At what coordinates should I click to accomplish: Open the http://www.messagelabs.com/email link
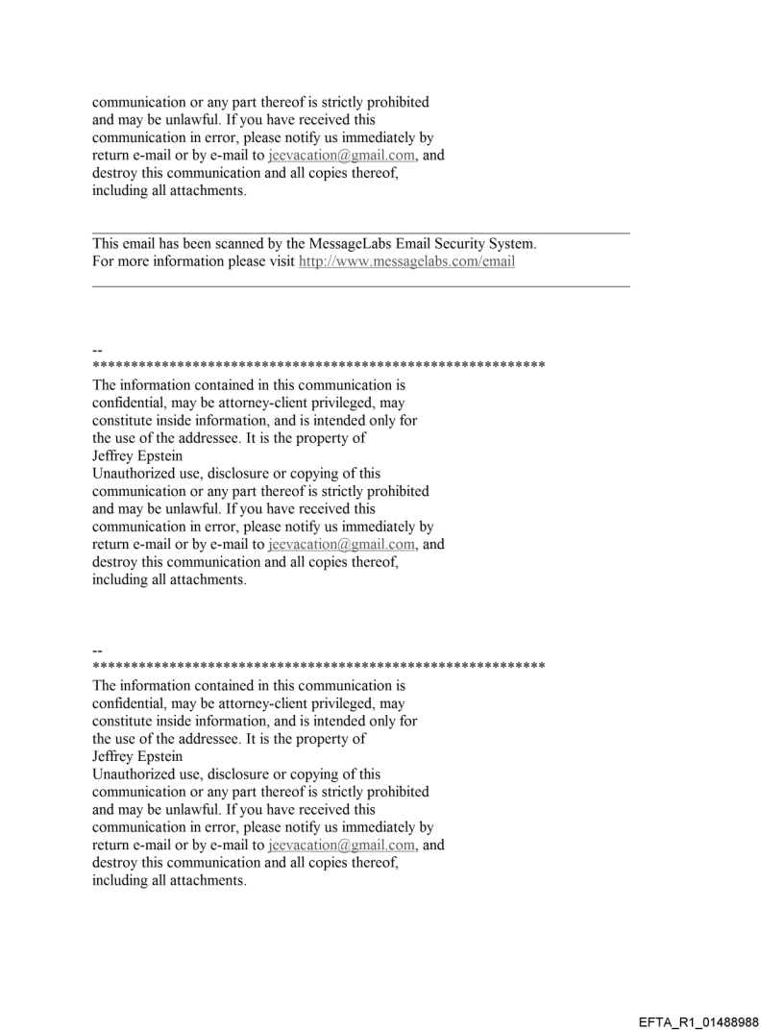[406, 260]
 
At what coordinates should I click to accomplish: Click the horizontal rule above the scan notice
[360, 233]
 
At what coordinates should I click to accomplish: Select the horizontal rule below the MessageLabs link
[360, 285]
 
